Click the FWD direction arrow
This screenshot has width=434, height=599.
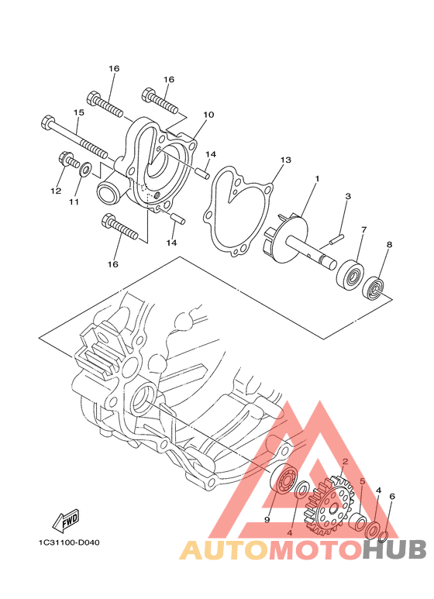pos(66,520)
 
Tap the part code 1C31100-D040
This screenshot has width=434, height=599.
pos(69,542)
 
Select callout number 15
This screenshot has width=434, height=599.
pos(79,113)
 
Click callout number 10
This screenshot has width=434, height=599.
pos(208,115)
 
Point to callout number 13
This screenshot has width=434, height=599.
pos(285,160)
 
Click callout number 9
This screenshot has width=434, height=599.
pos(267,519)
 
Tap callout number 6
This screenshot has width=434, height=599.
pos(392,496)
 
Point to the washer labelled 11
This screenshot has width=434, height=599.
pos(84,169)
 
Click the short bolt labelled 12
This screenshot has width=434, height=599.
pos(67,160)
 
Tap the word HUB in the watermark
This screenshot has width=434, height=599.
pos(394,549)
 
